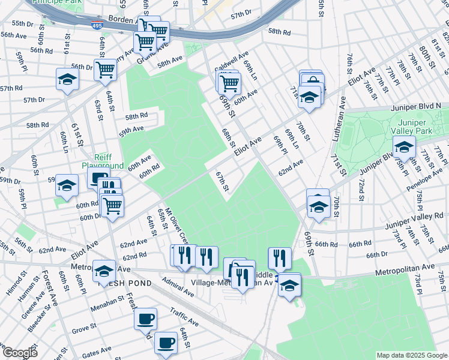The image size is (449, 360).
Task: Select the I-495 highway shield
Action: tap(97, 26)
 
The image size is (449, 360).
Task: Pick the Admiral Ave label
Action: tap(178, 290)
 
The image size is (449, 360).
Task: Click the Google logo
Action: tap(20, 352)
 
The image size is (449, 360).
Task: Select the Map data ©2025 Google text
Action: tap(412, 355)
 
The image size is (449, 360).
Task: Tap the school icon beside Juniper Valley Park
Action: tap(404, 146)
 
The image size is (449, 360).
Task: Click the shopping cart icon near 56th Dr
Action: tap(106, 69)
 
